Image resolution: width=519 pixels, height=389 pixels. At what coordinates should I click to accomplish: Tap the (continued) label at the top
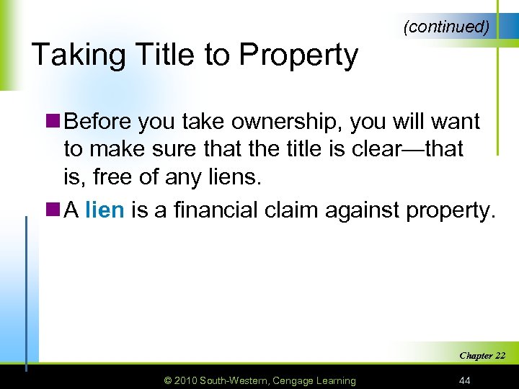447,27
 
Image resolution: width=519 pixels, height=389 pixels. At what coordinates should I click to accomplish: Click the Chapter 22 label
482,355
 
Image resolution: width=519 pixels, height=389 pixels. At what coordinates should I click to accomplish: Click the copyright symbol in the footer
168,380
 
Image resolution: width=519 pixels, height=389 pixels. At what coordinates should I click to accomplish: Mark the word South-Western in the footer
234,380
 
